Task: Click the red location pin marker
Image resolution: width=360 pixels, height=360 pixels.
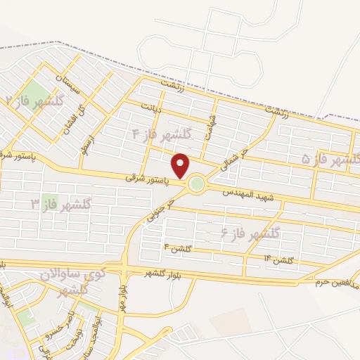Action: [x=181, y=166]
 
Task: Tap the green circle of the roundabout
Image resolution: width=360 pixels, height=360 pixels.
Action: [x=196, y=184]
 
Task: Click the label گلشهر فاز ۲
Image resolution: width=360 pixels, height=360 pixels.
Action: [x=33, y=100]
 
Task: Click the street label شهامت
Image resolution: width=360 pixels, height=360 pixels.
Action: [x=211, y=124]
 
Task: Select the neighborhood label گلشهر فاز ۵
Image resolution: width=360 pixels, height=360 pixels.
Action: [x=330, y=159]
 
